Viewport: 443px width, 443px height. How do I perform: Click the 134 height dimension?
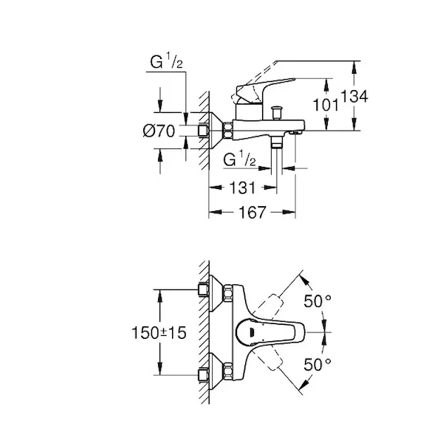tap(354, 96)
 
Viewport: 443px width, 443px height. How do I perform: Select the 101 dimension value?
tap(326, 105)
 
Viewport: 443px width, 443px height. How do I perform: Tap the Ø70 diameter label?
tap(159, 131)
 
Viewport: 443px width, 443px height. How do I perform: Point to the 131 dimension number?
tap(243, 188)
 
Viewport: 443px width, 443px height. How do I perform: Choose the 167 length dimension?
tap(253, 212)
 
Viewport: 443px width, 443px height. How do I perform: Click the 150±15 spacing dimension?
tap(159, 332)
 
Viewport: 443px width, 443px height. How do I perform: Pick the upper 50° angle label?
tap(317, 301)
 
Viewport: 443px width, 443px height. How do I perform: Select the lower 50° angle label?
tap(317, 365)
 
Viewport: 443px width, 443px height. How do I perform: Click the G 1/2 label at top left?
tap(166, 61)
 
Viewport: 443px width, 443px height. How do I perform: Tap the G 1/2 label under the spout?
tap(239, 159)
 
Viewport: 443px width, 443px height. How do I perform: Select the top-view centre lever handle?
tap(270, 332)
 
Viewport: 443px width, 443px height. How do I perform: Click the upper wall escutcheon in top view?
tap(216, 293)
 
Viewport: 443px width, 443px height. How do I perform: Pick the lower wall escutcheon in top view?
tap(216, 371)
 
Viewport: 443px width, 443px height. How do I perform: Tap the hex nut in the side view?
tap(227, 131)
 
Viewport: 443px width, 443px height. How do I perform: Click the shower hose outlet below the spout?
tap(277, 142)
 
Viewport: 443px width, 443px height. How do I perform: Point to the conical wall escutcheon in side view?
tap(216, 131)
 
